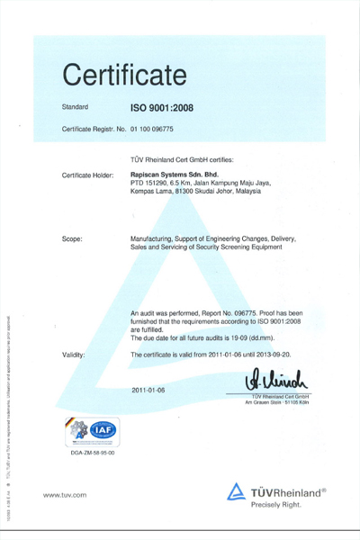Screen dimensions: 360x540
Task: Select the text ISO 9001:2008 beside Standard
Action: click(x=162, y=108)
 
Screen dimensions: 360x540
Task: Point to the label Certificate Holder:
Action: click(x=89, y=173)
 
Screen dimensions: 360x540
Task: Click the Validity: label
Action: click(x=75, y=356)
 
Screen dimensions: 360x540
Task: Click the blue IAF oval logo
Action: click(x=103, y=431)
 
